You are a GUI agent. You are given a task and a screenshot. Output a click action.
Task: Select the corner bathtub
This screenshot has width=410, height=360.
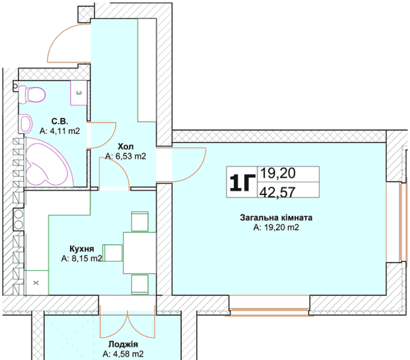tap(47, 162)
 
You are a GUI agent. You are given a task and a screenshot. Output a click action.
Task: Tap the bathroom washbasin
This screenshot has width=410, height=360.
tap(25, 123)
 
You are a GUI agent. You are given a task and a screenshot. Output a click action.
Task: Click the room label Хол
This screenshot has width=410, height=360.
tap(126, 146)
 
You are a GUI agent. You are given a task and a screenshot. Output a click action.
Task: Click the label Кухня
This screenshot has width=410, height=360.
tap(82, 249)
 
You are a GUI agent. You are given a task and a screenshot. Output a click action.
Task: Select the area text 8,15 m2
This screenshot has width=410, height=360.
tap(87, 258)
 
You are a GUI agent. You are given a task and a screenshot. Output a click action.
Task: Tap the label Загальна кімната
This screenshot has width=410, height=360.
tap(276, 218)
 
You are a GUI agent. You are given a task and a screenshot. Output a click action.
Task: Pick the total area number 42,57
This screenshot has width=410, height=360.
tap(277, 192)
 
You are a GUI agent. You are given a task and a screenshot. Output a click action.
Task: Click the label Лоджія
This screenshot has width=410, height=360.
tap(123, 344)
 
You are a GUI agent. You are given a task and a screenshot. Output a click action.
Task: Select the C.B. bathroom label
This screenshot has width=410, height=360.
tap(60, 122)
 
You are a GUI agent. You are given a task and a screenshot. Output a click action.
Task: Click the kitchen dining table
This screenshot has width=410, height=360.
tap(140, 253)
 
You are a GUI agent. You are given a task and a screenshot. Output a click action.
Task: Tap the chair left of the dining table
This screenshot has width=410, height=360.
tap(112, 253)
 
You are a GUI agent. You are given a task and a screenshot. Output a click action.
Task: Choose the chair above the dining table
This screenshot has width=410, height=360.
tap(140, 222)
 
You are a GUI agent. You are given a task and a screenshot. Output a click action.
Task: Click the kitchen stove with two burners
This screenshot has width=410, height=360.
tap(18, 219)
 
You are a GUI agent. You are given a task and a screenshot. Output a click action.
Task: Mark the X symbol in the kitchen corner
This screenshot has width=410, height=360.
tap(36, 282)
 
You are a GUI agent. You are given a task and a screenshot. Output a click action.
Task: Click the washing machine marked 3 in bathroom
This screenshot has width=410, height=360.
tap(79, 93)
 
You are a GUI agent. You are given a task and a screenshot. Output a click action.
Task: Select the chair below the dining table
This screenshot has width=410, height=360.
tap(140, 284)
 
